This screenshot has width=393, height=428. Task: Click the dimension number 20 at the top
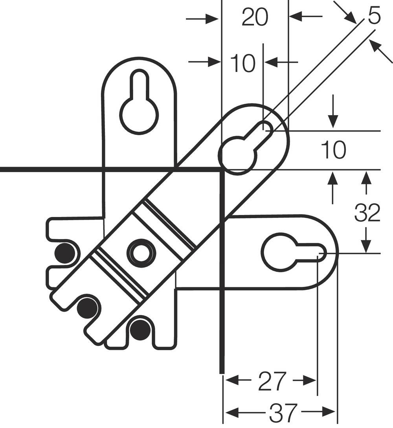255,18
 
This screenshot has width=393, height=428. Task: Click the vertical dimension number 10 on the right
333,150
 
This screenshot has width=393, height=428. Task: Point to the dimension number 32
367,213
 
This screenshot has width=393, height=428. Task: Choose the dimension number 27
272,381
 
